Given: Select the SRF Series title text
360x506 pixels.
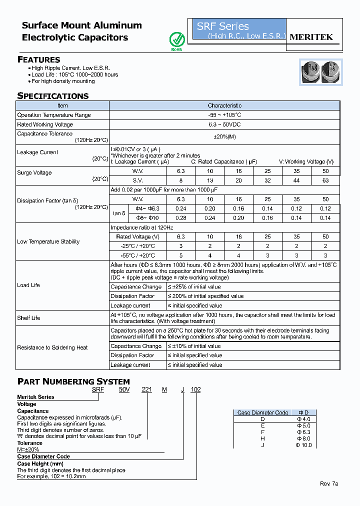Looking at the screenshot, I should click(222, 26).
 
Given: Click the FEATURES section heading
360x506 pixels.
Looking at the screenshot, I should click(39, 59).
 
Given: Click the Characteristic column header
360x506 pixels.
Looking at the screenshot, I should click(224, 105).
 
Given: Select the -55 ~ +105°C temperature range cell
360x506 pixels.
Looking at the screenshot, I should click(224, 115).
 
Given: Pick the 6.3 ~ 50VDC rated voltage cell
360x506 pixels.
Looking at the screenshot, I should click(224, 124).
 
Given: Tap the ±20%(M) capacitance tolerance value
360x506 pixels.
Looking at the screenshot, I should click(224, 137).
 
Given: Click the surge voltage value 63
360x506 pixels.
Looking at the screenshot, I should click(325, 180).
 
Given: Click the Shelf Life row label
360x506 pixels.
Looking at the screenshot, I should click(29, 318).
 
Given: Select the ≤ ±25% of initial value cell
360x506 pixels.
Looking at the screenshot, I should click(194, 287).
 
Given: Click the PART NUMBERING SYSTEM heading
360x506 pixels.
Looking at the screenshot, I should click(73, 381).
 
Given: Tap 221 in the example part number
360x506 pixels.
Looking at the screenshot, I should click(147, 389).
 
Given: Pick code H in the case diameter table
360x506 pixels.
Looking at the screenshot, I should click(263, 438).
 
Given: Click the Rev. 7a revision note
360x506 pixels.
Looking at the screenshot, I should click(329, 483).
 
